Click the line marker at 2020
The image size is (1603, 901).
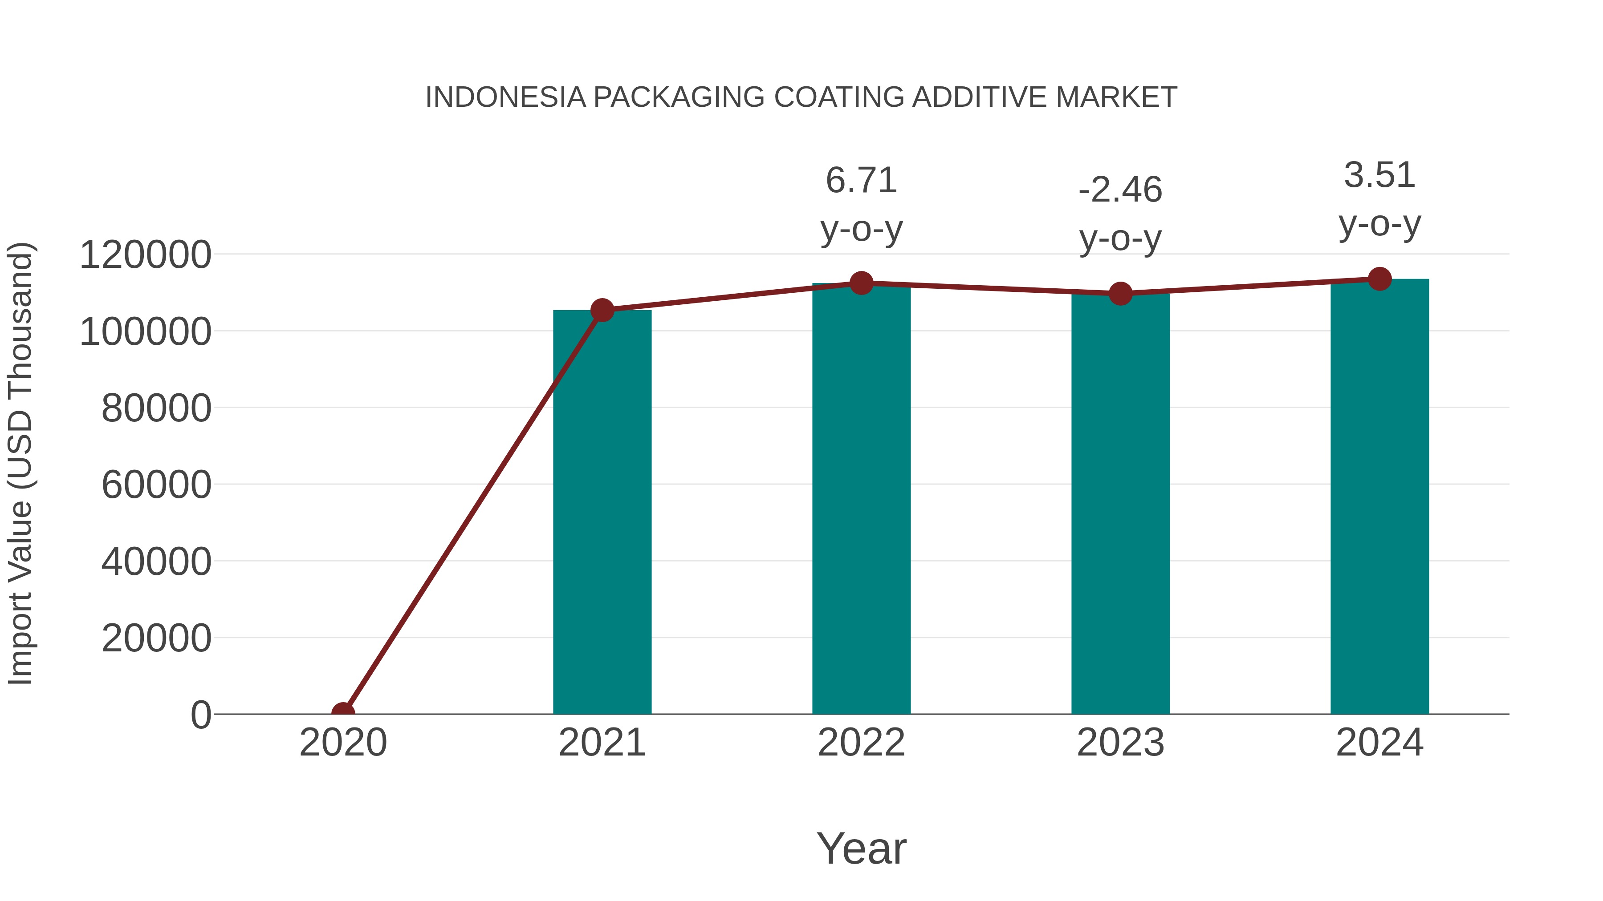[x=343, y=713]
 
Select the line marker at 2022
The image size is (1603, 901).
[x=861, y=283]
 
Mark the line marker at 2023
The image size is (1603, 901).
[x=1120, y=294]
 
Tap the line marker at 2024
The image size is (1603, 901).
[x=1379, y=279]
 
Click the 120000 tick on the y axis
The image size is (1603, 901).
[x=145, y=255]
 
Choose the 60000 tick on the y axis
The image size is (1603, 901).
[x=156, y=485]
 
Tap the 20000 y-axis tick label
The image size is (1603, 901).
[x=156, y=638]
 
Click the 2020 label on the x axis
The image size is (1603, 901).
[x=343, y=743]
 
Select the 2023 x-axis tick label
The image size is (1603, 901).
[x=1120, y=743]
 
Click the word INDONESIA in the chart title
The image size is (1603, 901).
[x=505, y=97]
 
